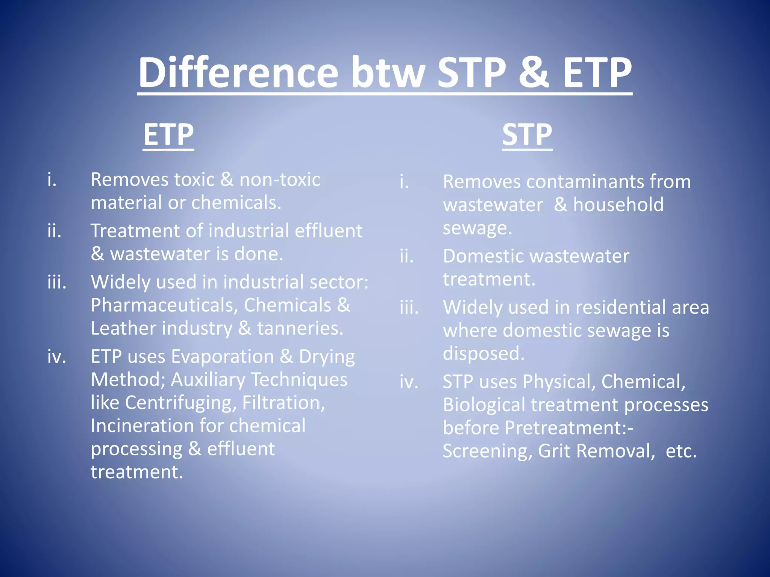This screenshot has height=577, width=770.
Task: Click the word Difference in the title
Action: [x=238, y=72]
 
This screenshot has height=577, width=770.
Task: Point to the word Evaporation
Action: [x=223, y=356]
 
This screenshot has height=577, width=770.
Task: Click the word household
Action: [x=618, y=205]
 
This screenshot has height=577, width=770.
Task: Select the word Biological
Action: [x=484, y=405]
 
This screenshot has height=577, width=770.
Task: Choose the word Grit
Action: [x=554, y=451]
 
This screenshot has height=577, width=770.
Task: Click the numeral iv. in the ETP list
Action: [x=56, y=356]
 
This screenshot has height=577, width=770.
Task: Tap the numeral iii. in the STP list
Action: [x=409, y=307]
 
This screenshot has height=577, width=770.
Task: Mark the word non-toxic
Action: [x=280, y=180]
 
